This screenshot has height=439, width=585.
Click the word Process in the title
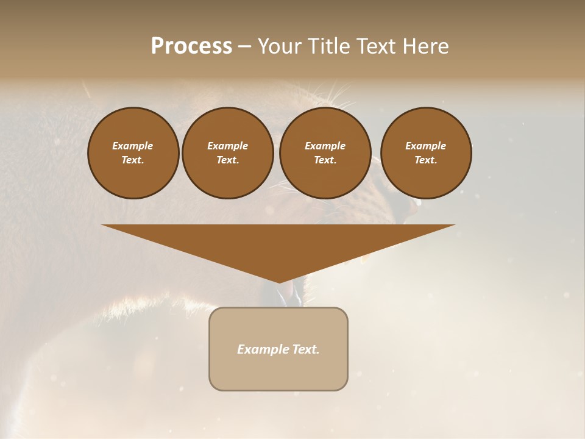pyautogui.click(x=191, y=46)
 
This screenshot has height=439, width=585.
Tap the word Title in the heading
pyautogui.click(x=328, y=46)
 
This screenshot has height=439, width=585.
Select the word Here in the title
pyautogui.click(x=425, y=46)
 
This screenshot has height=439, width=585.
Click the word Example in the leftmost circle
pyautogui.click(x=133, y=146)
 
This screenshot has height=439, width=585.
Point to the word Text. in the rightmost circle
pyautogui.click(x=426, y=160)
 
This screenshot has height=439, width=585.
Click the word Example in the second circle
pyautogui.click(x=228, y=146)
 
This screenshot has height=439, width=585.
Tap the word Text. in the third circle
pyautogui.click(x=325, y=160)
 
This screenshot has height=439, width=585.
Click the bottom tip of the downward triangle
pyautogui.click(x=279, y=282)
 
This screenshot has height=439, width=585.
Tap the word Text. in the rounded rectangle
pyautogui.click(x=305, y=349)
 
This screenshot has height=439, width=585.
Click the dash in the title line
pyautogui.click(x=244, y=46)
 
